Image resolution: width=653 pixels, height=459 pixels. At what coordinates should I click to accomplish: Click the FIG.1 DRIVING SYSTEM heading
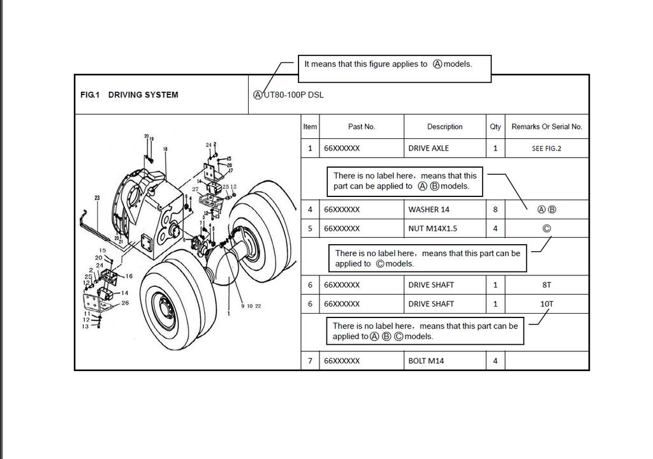click(x=129, y=95)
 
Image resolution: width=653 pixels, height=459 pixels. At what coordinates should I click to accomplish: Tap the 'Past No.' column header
click(x=362, y=127)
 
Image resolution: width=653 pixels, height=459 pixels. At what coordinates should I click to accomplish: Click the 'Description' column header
click(x=444, y=127)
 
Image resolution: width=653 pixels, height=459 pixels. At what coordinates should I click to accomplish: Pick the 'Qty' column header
click(x=495, y=127)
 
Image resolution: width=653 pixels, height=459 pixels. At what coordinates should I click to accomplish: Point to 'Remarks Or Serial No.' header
click(x=547, y=127)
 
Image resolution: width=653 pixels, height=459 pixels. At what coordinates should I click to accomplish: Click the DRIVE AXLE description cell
click(x=429, y=149)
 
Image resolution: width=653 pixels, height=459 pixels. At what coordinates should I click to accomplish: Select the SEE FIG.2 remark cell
click(x=547, y=149)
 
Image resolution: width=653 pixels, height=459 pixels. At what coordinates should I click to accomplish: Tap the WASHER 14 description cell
click(x=429, y=210)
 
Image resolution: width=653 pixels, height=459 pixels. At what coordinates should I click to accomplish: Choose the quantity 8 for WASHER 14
click(x=495, y=210)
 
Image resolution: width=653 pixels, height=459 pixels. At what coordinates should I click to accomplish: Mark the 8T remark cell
click(x=547, y=285)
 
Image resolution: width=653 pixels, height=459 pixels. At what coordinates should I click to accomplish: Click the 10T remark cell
click(x=547, y=304)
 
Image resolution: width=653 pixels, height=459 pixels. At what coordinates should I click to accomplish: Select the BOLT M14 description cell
click(x=426, y=361)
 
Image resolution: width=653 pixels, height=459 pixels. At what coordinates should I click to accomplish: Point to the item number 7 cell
click(x=310, y=361)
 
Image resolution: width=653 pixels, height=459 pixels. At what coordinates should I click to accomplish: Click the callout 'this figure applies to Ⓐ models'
click(x=394, y=64)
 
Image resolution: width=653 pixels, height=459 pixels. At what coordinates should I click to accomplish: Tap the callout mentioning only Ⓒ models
click(x=427, y=258)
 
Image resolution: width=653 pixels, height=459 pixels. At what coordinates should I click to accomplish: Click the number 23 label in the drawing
click(x=97, y=198)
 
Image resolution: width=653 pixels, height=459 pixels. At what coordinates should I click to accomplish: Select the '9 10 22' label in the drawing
click(x=251, y=307)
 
